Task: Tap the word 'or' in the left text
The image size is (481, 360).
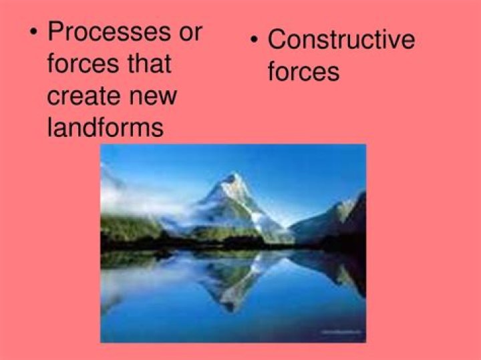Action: click(188, 32)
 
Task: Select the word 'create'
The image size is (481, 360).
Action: click(83, 96)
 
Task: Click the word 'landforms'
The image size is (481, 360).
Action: click(105, 127)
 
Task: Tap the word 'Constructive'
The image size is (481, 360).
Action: click(341, 40)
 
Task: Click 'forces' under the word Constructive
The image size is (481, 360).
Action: click(303, 71)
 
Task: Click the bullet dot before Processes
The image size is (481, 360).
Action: click(34, 33)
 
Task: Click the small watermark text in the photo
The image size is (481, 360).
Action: click(341, 330)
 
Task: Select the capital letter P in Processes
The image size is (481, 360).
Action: click(56, 31)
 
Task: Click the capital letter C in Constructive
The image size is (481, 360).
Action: click(277, 40)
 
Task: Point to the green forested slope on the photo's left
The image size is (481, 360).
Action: click(127, 227)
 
